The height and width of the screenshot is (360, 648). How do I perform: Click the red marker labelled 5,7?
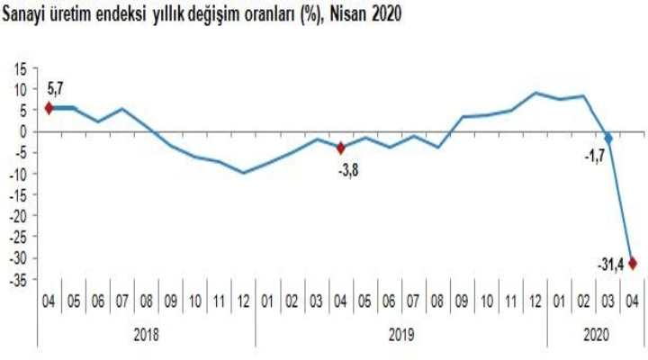tap(49, 108)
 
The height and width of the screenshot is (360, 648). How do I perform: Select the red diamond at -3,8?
tap(341, 148)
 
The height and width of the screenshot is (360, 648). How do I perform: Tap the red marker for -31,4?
tap(633, 263)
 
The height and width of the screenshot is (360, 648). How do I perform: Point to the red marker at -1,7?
tap(608, 139)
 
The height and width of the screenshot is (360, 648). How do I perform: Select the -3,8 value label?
tap(348, 166)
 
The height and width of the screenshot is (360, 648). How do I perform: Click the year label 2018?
tap(147, 334)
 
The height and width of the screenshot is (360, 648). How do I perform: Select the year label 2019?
tap(401, 334)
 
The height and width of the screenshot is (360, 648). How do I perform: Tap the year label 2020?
tap(596, 334)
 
